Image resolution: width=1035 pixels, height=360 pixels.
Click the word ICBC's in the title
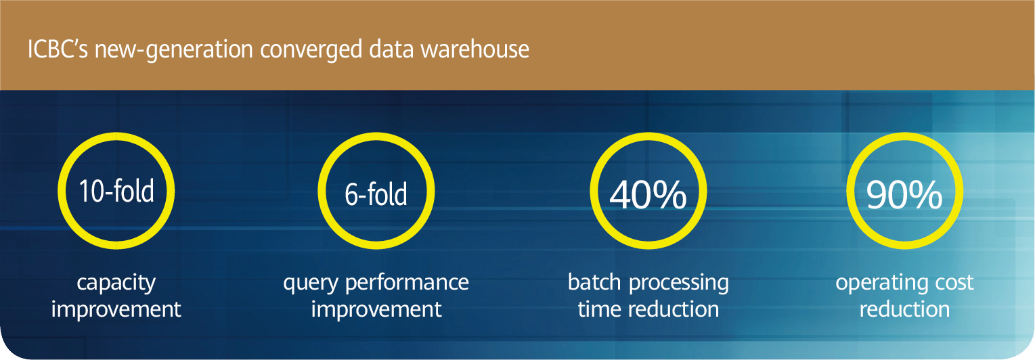pyautogui.click(x=58, y=49)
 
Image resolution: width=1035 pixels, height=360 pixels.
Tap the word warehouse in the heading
pyautogui.click(x=475, y=49)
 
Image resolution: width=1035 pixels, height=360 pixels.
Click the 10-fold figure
pyautogui.click(x=116, y=192)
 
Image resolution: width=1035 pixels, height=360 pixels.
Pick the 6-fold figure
pyautogui.click(x=376, y=194)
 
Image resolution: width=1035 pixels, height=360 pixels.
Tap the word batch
pyautogui.click(x=594, y=282)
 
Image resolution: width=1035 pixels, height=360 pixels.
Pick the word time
pyautogui.click(x=599, y=309)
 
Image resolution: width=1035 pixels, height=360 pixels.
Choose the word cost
pyautogui.click(x=955, y=282)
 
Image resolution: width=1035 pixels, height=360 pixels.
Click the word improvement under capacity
pyautogui.click(x=116, y=309)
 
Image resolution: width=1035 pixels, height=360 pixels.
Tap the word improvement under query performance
pyautogui.click(x=376, y=309)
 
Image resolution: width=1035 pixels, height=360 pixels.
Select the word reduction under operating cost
pyautogui.click(x=905, y=309)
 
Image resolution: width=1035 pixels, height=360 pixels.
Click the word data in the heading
pyautogui.click(x=391, y=49)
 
